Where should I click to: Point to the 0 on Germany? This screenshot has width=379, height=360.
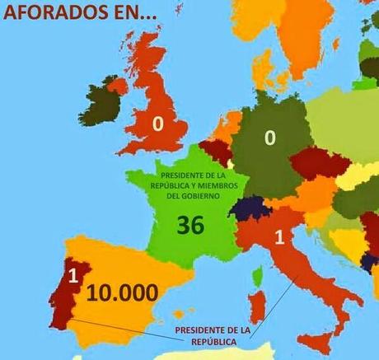tap(269, 138)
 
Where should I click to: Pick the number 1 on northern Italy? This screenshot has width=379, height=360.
tap(278, 239)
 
